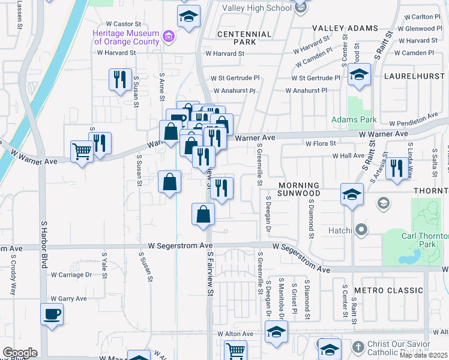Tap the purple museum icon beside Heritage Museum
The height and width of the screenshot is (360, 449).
tap(169, 37)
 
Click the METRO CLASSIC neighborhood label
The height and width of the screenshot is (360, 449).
tap(388, 290)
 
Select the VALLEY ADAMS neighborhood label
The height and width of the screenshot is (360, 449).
tap(344, 28)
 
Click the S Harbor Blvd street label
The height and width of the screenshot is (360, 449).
tap(44, 244)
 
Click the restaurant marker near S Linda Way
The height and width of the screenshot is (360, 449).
tap(396, 167)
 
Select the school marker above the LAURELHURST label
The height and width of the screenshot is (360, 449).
tap(359, 75)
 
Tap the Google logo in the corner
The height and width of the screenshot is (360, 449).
tap(20, 353)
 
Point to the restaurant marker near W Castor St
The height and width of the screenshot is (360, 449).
tap(120, 79)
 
